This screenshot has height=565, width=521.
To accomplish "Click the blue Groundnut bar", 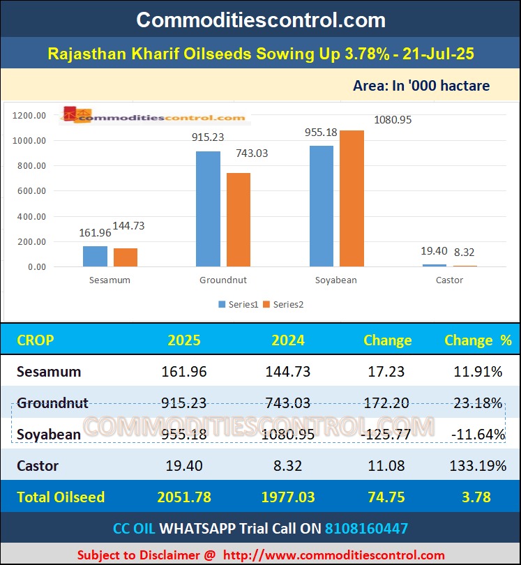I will (x=208, y=209).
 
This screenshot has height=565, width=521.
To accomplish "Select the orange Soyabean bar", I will (x=352, y=198).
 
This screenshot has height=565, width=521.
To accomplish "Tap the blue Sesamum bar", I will (x=95, y=256).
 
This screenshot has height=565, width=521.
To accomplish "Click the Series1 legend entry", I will (x=239, y=304).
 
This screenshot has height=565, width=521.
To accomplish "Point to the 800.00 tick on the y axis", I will (x=31, y=166).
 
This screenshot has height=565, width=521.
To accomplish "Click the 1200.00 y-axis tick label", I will (x=29, y=115).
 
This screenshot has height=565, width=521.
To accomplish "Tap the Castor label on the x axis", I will (x=449, y=280).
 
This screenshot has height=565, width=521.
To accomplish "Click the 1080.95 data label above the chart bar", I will (x=393, y=120).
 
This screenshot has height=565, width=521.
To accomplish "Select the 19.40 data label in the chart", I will (x=434, y=253).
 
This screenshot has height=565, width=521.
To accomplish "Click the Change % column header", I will (x=478, y=340).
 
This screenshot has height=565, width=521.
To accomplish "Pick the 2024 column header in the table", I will (x=287, y=340).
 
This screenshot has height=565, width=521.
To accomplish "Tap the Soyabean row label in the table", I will (x=48, y=435).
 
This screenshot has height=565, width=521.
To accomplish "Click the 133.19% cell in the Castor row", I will (x=478, y=466).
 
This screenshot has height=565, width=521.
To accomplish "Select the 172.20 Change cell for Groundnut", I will (x=386, y=403).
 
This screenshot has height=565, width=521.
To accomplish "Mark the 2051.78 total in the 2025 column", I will (x=184, y=497).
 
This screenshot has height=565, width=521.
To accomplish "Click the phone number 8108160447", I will (x=366, y=528).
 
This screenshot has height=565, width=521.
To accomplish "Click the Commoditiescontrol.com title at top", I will (x=260, y=19).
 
